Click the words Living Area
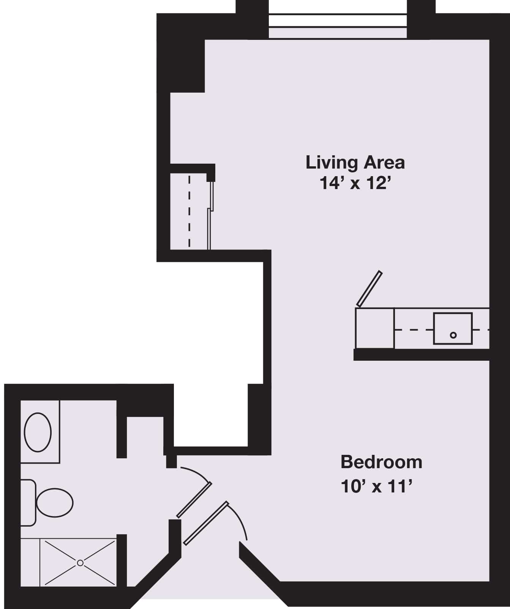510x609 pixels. pos(355,163)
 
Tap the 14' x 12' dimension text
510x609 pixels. pos(355,183)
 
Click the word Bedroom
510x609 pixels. pos(381,462)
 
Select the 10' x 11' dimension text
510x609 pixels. pos(377,486)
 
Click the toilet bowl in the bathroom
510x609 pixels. pos(55,503)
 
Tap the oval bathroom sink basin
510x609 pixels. pos(38,432)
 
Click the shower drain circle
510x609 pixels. pos(80,563)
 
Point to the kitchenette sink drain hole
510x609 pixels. pos(453,335)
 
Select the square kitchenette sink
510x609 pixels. pos(453,328)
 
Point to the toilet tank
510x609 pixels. pos(28,503)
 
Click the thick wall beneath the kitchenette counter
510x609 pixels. pos(422,355)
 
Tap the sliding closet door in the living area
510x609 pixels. pos(210,215)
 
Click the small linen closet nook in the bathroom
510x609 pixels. pos(145,436)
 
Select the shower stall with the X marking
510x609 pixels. pos(78,563)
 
